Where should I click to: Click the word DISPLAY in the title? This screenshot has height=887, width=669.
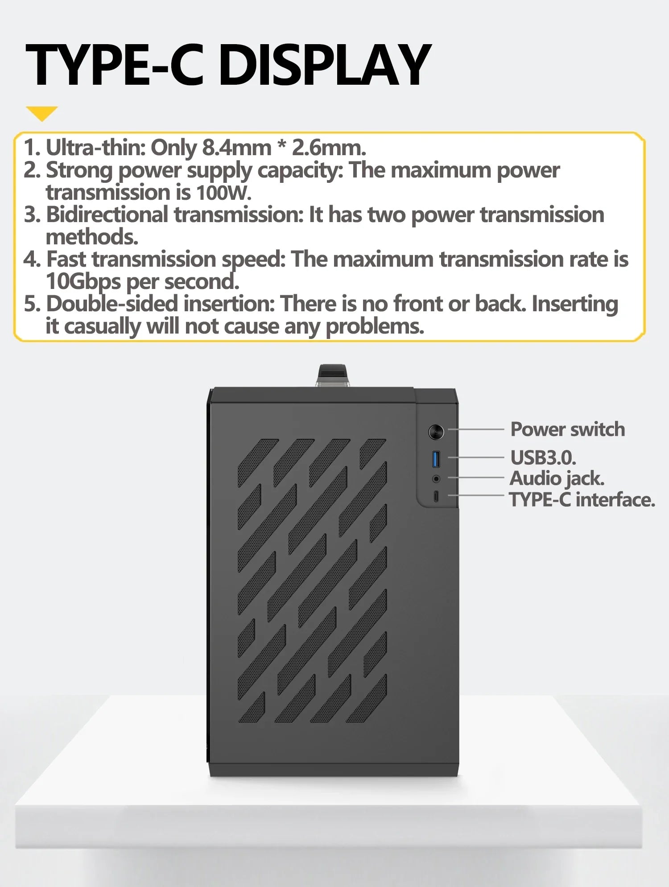325,65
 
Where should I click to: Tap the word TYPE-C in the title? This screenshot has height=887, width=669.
115,65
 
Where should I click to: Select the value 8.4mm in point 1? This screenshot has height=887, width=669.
236,147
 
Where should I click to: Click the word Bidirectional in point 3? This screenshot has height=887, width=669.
107,215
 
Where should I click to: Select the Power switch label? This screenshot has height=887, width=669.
567,429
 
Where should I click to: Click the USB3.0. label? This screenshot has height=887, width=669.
543,458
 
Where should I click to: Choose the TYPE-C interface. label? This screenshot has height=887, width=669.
582,499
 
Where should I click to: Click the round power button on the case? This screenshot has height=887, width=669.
436,432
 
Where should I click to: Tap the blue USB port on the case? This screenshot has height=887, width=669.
436,459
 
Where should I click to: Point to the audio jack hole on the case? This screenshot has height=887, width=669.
436,479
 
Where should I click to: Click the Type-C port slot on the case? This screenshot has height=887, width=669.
436,496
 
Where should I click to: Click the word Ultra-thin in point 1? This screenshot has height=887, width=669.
96,147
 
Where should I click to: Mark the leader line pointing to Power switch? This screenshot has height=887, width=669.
476,429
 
